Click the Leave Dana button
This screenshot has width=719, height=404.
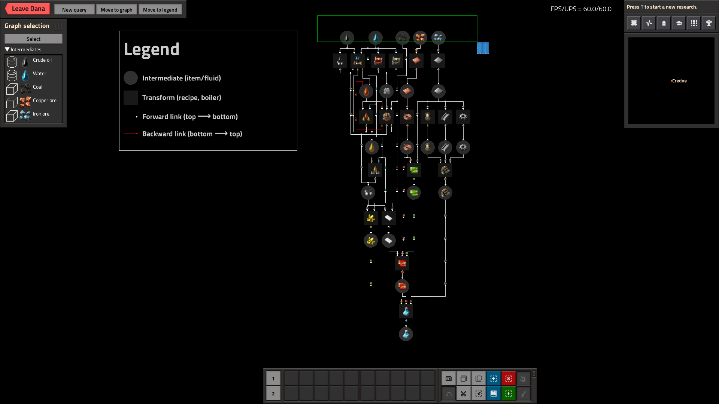tap(28, 9)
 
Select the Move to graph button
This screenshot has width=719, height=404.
tap(116, 10)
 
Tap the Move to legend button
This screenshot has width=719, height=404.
tap(160, 10)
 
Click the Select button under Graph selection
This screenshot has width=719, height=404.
tap(33, 39)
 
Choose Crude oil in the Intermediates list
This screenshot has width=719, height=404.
tap(42, 60)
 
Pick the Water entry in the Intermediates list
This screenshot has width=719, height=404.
tap(39, 74)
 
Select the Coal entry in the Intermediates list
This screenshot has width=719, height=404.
tap(37, 87)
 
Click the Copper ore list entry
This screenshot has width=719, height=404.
tap(45, 101)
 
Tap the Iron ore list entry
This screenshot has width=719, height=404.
tap(41, 114)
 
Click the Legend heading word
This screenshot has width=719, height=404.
tap(152, 49)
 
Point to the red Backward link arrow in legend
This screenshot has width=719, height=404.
tap(131, 134)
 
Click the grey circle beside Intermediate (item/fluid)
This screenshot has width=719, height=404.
tap(131, 78)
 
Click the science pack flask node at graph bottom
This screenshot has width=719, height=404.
tap(406, 334)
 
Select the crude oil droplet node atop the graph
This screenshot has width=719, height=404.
tap(347, 37)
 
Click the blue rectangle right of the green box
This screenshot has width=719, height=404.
tap(483, 48)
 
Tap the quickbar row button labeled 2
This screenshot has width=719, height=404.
tap(273, 394)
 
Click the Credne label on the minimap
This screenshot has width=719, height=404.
tap(679, 81)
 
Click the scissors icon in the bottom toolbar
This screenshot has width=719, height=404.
tap(463, 394)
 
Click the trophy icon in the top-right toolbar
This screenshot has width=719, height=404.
tap(709, 23)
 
